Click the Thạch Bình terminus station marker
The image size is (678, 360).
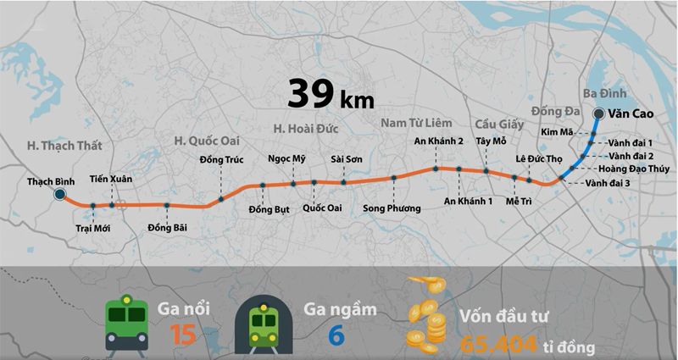pyautogui.click(x=60, y=195)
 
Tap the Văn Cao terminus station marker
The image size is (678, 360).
pyautogui.click(x=599, y=114)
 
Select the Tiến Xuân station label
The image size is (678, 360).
pyautogui.click(x=110, y=180)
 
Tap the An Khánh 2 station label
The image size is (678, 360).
pyautogui.click(x=438, y=141)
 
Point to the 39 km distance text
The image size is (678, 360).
pyautogui.click(x=330, y=94)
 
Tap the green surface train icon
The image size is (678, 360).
pyautogui.click(x=126, y=324)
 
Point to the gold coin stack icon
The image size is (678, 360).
pyautogui.click(x=425, y=320)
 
